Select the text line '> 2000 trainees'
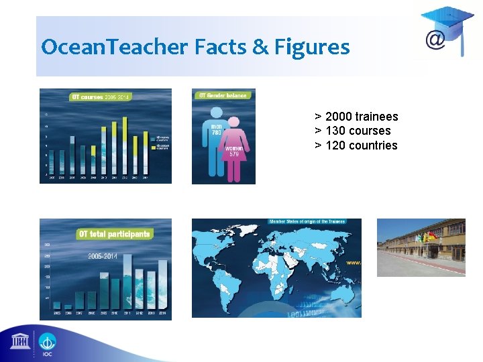click(x=356, y=117)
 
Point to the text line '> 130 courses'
click(x=352, y=131)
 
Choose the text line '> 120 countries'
click(x=356, y=145)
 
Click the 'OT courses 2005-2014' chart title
click(x=101, y=97)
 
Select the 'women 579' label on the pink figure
click(x=234, y=150)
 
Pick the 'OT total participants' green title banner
click(x=114, y=234)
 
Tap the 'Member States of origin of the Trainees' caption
click(x=307, y=221)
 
